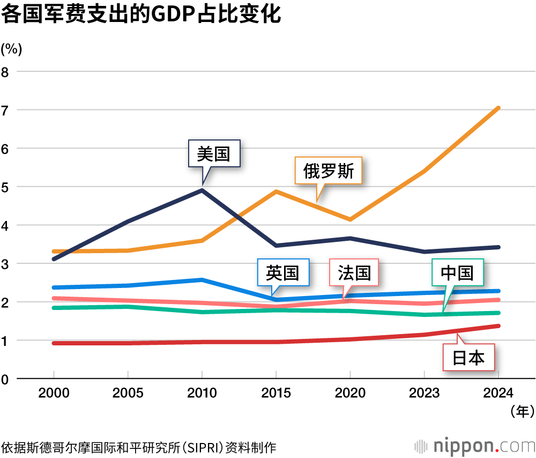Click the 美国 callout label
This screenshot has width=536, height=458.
click(213, 154)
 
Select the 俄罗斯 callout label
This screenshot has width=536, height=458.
click(329, 171)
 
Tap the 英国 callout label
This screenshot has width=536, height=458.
click(282, 273)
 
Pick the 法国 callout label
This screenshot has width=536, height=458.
click(354, 273)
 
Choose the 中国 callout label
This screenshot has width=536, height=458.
click(457, 273)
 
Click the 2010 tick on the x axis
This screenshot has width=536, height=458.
click(202, 393)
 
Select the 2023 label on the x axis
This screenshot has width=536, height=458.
click(425, 393)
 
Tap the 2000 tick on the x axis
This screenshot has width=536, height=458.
click(54, 393)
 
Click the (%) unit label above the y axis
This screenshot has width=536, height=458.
click(11, 49)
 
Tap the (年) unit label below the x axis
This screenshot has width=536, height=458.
click(519, 411)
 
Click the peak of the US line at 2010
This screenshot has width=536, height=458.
click(202, 190)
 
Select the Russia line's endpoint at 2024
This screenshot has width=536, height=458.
click(498, 108)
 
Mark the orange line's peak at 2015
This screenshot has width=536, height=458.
click(276, 191)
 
